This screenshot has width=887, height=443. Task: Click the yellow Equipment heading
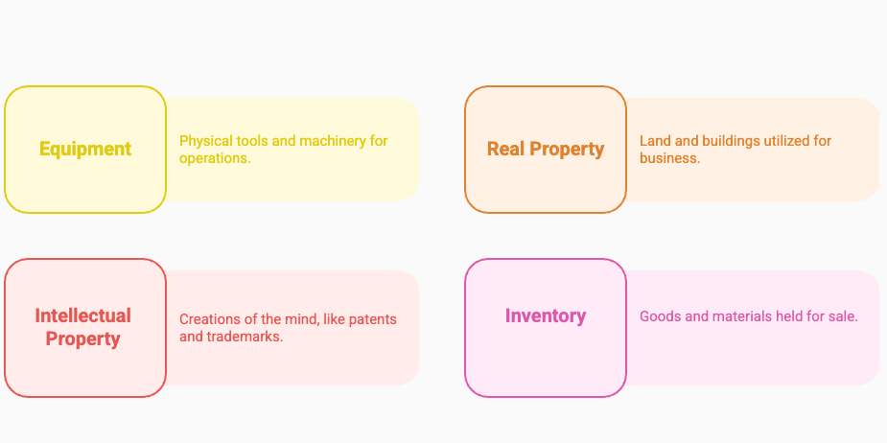[x=85, y=150]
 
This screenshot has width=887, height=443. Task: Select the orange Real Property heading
[x=546, y=150]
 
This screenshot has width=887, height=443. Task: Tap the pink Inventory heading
[x=546, y=316]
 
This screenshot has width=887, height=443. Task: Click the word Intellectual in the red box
[x=83, y=315]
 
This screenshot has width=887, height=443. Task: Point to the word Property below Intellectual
[x=83, y=339]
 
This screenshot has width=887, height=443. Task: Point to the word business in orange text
[x=669, y=158]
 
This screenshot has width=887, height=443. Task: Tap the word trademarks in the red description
[x=245, y=337]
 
